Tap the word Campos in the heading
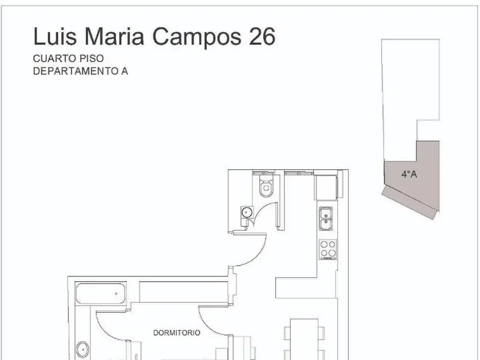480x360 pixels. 197,37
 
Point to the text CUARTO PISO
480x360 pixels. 68,58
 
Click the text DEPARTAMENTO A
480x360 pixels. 81,71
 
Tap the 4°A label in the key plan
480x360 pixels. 409,174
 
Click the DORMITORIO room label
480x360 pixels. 177,333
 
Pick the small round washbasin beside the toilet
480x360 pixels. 247,212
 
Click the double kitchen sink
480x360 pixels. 326,218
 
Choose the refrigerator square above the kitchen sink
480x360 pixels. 326,187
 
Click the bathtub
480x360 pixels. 101,293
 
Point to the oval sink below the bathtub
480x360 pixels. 82,350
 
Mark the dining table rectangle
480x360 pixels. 304,339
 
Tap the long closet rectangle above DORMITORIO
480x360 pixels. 184,291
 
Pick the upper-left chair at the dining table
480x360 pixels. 287,333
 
